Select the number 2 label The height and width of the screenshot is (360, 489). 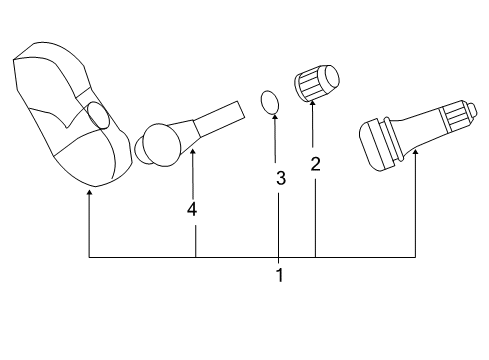click(x=315, y=165)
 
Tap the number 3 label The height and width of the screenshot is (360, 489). click(x=281, y=180)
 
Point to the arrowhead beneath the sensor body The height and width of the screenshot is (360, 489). click(x=89, y=193)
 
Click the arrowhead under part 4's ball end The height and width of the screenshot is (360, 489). click(x=192, y=152)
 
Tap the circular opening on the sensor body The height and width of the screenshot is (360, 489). click(x=98, y=115)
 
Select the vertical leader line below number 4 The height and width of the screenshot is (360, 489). click(x=196, y=240)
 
